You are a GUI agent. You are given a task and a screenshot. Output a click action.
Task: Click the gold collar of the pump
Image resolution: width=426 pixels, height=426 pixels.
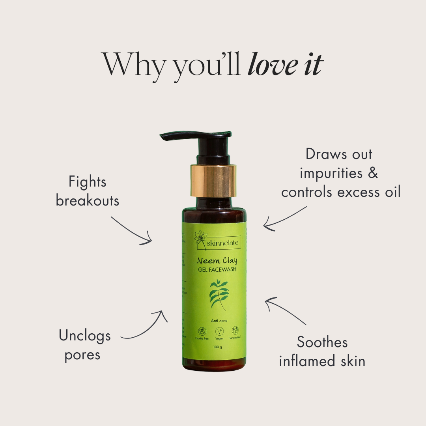(x=213, y=180)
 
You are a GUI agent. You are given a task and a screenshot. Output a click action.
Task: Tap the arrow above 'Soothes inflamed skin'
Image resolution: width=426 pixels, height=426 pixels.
(x=285, y=311)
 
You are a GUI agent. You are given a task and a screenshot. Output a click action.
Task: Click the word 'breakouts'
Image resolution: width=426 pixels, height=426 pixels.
(x=88, y=201)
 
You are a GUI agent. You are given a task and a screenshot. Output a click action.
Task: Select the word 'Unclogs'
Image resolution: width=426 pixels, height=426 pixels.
(x=85, y=336)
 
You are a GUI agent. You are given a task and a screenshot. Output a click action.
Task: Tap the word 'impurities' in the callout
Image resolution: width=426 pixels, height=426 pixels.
(x=331, y=173)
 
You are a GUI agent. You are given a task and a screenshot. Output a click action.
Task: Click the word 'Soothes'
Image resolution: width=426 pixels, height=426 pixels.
(x=322, y=342)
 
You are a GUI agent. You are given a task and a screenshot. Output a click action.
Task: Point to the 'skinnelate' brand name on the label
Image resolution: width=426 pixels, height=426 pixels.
(x=222, y=243)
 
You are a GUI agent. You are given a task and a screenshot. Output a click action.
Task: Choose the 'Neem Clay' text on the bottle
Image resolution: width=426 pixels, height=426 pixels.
(x=217, y=261)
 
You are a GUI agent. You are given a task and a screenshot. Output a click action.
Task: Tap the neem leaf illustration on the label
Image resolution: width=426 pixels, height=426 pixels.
(x=219, y=294)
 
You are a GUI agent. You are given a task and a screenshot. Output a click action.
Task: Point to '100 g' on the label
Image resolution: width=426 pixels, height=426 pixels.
(x=217, y=347)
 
